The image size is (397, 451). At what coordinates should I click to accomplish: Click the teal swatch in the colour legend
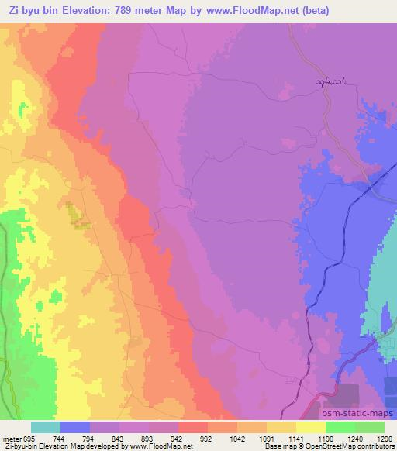pyautogui.click(x=46, y=427)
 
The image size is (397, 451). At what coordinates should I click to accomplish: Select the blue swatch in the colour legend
pyautogui.click(x=75, y=427)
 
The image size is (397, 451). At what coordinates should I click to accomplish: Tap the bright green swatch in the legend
pyautogui.click(x=340, y=427)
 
